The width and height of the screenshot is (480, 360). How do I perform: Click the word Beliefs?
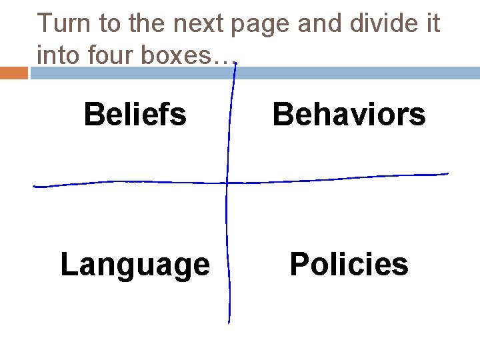coord(135,114)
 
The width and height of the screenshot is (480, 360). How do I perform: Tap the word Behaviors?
coord(349,114)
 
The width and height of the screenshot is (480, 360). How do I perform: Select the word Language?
coord(135,265)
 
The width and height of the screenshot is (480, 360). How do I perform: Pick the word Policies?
coord(349,264)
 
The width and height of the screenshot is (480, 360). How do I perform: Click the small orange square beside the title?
coord(14,73)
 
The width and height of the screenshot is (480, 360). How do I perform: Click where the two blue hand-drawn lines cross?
coord(227,182)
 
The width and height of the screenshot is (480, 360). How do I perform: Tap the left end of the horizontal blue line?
coord(35,186)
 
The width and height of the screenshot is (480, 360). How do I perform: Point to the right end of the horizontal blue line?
coord(447,174)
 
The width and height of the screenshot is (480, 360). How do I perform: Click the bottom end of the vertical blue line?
coord(229,322)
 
